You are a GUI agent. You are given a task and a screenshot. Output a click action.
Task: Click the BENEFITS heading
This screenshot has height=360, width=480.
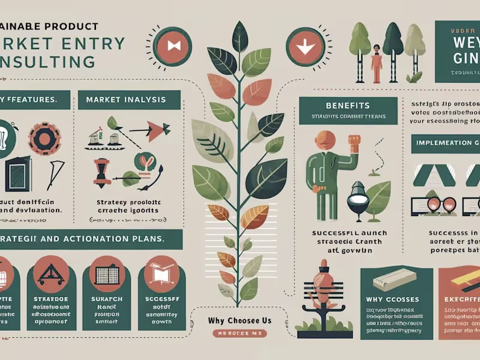[x=348, y=106]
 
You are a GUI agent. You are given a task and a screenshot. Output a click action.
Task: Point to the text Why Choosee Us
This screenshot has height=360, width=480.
[x=240, y=320]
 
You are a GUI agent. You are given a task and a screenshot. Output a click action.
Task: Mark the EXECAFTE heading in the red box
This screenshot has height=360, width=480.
[x=460, y=299]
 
